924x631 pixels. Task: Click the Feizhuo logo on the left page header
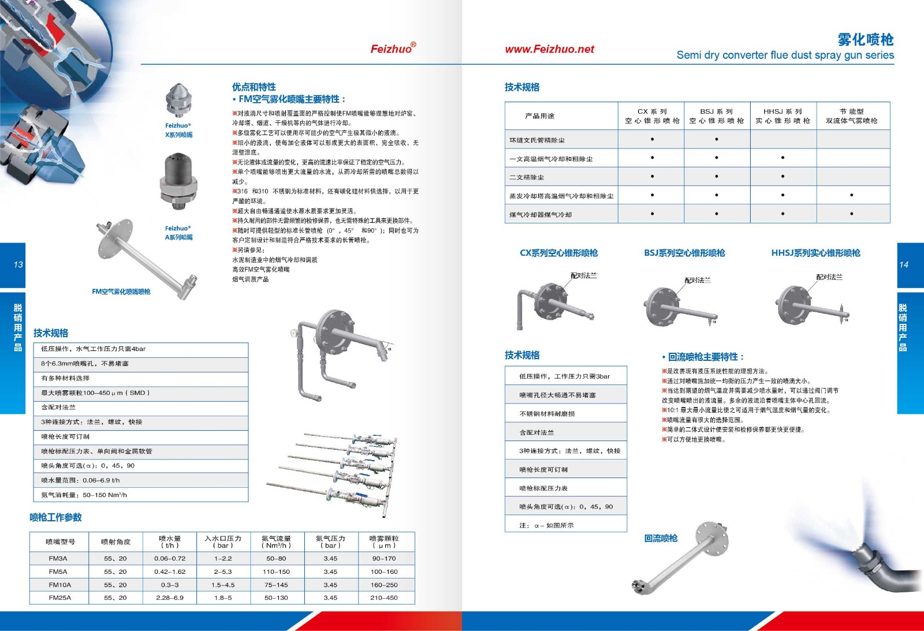(393, 48)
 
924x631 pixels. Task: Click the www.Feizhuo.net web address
(549, 50)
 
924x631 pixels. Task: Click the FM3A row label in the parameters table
(58, 558)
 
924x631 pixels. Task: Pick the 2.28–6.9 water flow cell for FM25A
(169, 598)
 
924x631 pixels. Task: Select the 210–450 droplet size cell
(384, 598)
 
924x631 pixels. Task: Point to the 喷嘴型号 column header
(60, 542)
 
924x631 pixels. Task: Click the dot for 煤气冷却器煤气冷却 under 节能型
(852, 214)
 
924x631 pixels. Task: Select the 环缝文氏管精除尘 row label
(537, 140)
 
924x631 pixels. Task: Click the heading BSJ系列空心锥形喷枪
(684, 253)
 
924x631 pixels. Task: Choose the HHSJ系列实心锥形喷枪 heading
(815, 253)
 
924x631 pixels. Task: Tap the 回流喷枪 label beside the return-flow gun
(661, 538)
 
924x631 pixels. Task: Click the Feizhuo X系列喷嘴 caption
(178, 130)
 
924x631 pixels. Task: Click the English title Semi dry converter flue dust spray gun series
(785, 55)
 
